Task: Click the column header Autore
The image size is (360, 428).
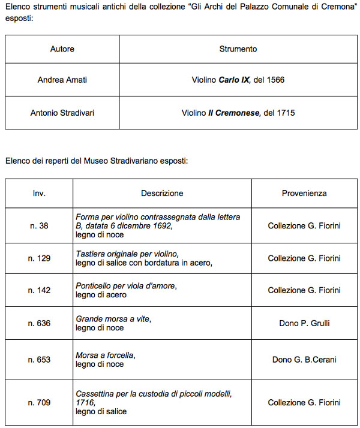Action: tap(62, 49)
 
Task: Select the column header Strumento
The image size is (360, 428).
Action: tap(238, 49)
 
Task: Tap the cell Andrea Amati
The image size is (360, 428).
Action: tap(62, 80)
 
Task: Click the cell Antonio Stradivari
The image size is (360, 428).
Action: tap(62, 113)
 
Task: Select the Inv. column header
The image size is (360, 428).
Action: tap(39, 193)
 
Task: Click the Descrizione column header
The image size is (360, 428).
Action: tap(162, 193)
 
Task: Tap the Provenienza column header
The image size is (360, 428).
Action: tap(304, 193)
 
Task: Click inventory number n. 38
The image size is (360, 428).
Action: tap(39, 225)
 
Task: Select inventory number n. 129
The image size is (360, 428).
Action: tap(39, 258)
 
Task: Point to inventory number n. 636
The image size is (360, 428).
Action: tap(39, 323)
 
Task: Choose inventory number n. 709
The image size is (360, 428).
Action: tap(39, 403)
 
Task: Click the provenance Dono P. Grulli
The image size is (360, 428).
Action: tap(304, 323)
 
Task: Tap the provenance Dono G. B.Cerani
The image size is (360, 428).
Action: tap(304, 360)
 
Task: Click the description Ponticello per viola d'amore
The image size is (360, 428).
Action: tap(125, 286)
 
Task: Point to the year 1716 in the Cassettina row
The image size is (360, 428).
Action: tap(85, 403)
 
